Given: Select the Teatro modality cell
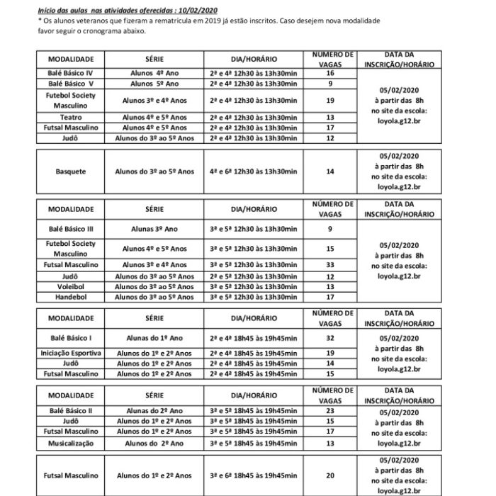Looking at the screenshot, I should (70, 117).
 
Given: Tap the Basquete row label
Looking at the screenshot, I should (70, 171).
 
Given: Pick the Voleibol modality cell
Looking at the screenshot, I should (70, 286).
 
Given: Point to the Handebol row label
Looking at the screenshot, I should (70, 297).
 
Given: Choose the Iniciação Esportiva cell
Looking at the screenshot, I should (70, 352).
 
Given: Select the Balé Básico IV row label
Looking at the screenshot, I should (70, 73).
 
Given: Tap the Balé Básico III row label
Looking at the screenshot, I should (70, 230).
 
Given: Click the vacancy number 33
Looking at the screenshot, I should (329, 264).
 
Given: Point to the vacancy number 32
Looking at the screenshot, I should (329, 338).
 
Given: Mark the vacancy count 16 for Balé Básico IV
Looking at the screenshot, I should (329, 73).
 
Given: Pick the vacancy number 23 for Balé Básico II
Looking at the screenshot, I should (329, 410).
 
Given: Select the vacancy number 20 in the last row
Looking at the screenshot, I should (329, 475).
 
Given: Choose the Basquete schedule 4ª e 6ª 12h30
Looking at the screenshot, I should (253, 171).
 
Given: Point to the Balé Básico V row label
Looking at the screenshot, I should (70, 84).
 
